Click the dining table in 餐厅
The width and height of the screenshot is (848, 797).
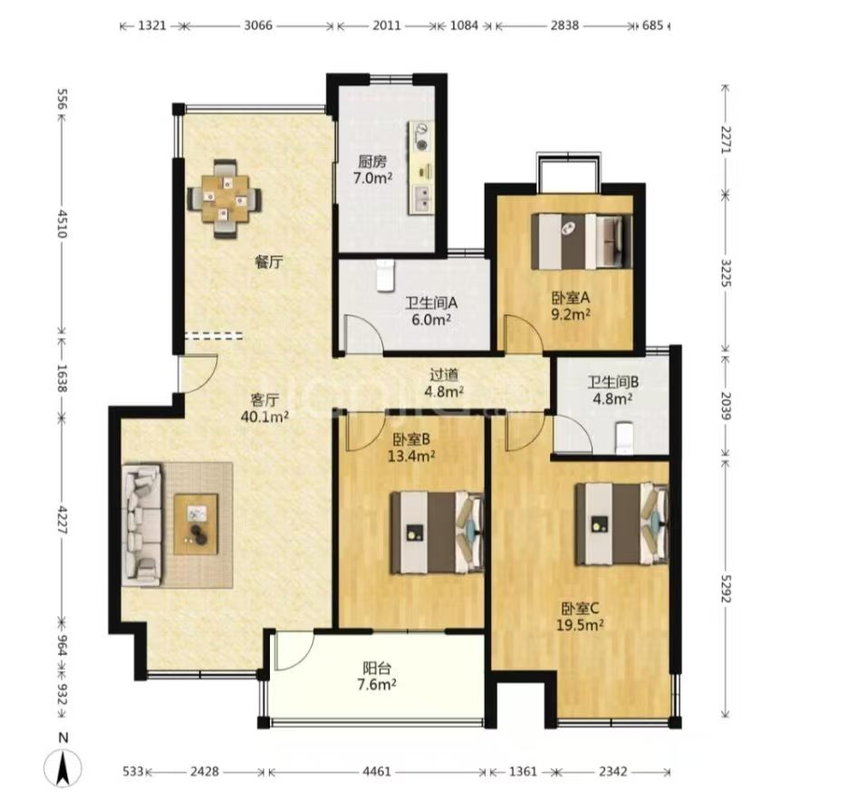point(225,198)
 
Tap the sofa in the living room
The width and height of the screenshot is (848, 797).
point(142,524)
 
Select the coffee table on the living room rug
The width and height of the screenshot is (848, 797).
point(196,524)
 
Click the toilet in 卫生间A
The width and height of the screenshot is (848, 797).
point(386,274)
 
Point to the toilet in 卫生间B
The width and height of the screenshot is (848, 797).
point(624,437)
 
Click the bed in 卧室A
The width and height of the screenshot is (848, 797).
point(582,241)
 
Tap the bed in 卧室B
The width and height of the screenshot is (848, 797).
point(437,532)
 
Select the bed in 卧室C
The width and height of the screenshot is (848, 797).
point(622,523)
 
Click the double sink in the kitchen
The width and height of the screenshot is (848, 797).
point(422,198)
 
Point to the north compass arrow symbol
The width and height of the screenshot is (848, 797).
point(63,768)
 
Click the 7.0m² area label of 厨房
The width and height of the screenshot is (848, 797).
point(372,178)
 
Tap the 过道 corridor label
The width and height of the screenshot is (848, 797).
point(444,374)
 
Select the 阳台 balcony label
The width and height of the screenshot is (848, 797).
point(376,668)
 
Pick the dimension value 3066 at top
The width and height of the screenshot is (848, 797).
point(258,25)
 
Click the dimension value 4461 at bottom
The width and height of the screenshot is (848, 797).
point(376,771)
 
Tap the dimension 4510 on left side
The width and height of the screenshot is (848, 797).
point(61,224)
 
